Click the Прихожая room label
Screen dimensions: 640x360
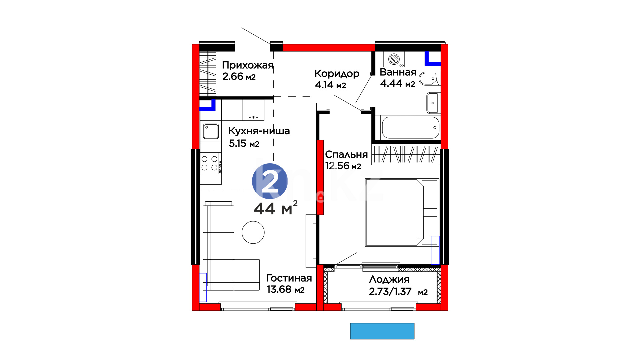(248, 65)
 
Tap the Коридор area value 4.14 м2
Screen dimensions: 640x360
(330, 85)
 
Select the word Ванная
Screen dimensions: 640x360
(398, 72)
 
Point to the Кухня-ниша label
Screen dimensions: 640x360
(259, 131)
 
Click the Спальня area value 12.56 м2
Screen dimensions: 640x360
(343, 166)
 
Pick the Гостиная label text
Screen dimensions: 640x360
(289, 278)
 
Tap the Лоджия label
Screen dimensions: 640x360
(389, 279)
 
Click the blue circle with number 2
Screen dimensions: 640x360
(270, 181)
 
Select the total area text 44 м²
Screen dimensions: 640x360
(275, 208)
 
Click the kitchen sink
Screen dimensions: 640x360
(211, 131)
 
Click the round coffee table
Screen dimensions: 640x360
(253, 232)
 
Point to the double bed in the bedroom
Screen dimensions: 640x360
(402, 212)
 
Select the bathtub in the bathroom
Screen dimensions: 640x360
(410, 127)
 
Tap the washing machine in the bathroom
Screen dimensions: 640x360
(394, 59)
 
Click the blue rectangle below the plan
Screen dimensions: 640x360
(382, 331)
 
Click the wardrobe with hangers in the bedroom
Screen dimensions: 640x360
(406, 154)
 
